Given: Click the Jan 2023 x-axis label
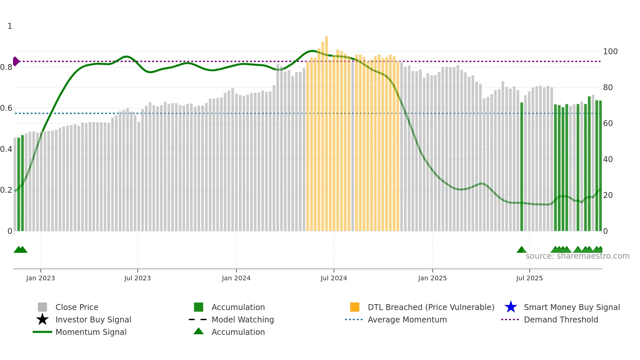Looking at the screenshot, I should pos(40,278).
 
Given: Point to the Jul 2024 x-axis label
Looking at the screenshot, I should pos(334,278).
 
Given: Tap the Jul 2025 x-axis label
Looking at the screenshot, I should pos(529,278).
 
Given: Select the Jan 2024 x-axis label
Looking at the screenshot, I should pos(236,278).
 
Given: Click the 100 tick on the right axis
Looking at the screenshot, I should pos(610,52).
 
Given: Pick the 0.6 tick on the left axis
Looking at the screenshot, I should pos(6,108).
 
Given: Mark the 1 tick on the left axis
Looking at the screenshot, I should pos(10,26).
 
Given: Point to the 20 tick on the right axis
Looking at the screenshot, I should pos(608,195).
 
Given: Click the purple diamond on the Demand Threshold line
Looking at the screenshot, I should pos(16,61).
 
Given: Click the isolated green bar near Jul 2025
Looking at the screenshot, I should pos(521,167).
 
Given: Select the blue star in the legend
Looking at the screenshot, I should pos(511,307).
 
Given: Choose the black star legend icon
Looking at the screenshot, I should pos(42,319).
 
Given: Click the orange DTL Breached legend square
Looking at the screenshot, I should pos(355,307).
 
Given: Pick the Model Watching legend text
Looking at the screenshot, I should pos(243,319).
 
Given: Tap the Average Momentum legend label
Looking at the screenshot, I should pos(407,319).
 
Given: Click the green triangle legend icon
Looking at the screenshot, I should pos(199,331).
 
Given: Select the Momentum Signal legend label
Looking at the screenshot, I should pos(91,332).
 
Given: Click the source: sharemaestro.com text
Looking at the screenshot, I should pos(577,256).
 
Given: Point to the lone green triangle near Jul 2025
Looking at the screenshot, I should pos(521,250).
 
